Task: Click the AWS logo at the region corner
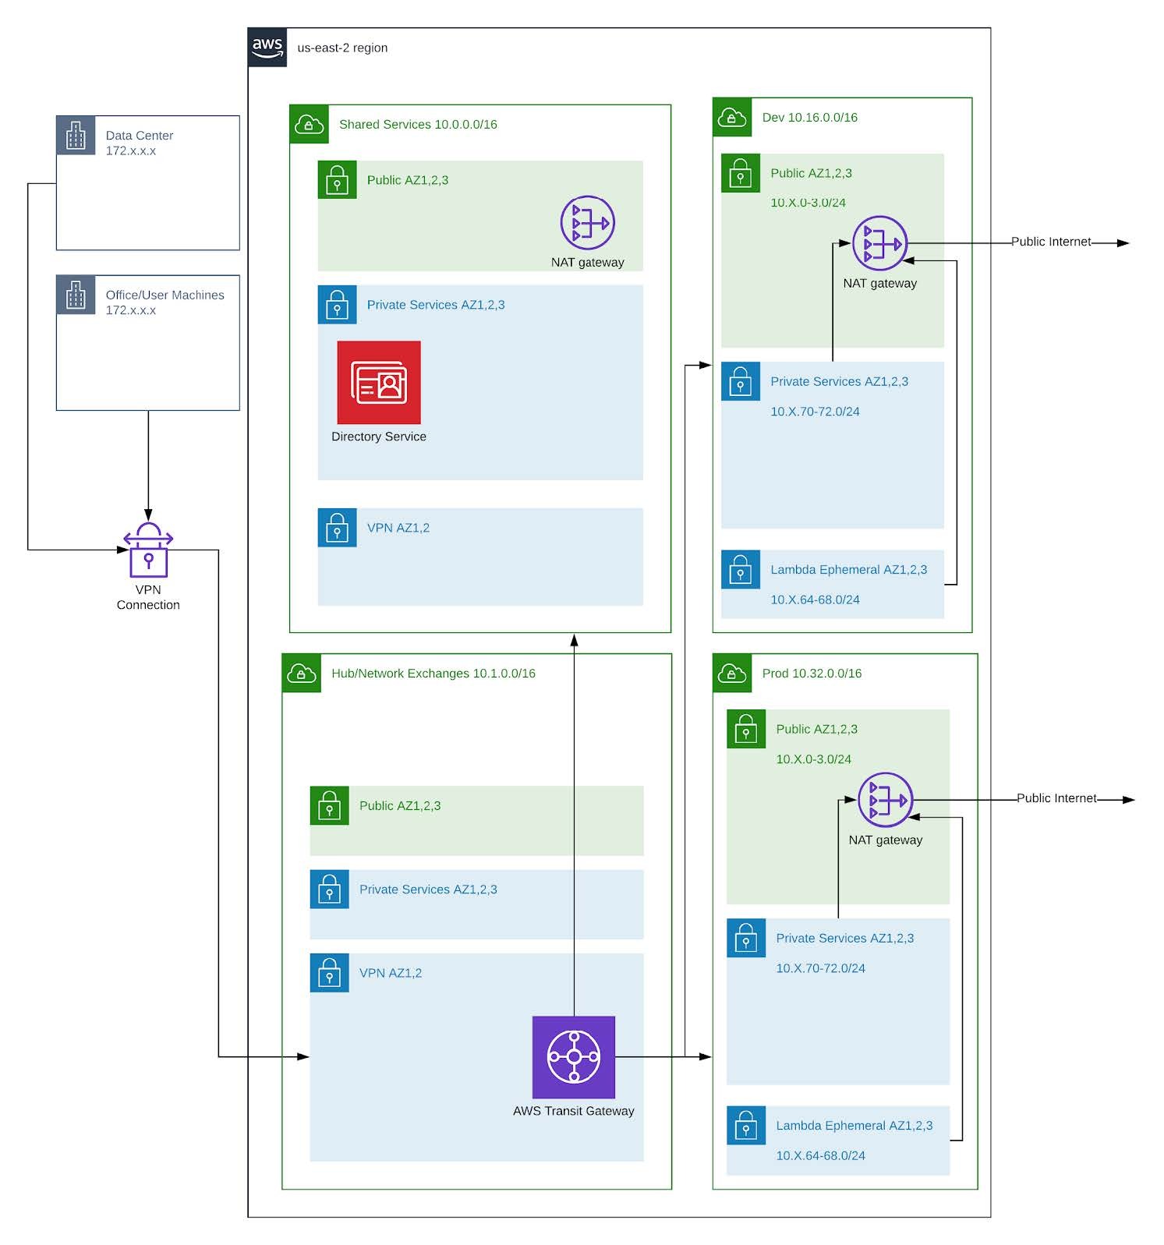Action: tap(267, 48)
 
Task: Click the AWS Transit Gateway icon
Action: tap(573, 1056)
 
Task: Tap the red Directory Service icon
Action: tap(379, 382)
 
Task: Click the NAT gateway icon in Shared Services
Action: tap(587, 223)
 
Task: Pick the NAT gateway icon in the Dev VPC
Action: tap(879, 243)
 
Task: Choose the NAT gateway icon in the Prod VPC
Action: tap(885, 800)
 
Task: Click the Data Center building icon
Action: tap(76, 136)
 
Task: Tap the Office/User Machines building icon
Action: tap(76, 295)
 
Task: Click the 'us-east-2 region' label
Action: tap(342, 48)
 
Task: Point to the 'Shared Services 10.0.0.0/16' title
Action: tap(418, 125)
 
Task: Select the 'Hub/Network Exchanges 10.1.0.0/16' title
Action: tap(433, 674)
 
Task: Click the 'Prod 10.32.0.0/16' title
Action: tap(812, 674)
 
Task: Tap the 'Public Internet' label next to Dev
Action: tap(1050, 242)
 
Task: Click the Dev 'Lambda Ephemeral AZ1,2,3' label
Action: tap(848, 570)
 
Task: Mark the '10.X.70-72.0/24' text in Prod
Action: tap(820, 968)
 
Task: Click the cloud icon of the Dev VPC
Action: tap(731, 118)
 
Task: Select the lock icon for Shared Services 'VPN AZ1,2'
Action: tap(337, 528)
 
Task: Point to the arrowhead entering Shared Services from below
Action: tap(574, 640)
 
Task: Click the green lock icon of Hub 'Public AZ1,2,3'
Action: tap(329, 806)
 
